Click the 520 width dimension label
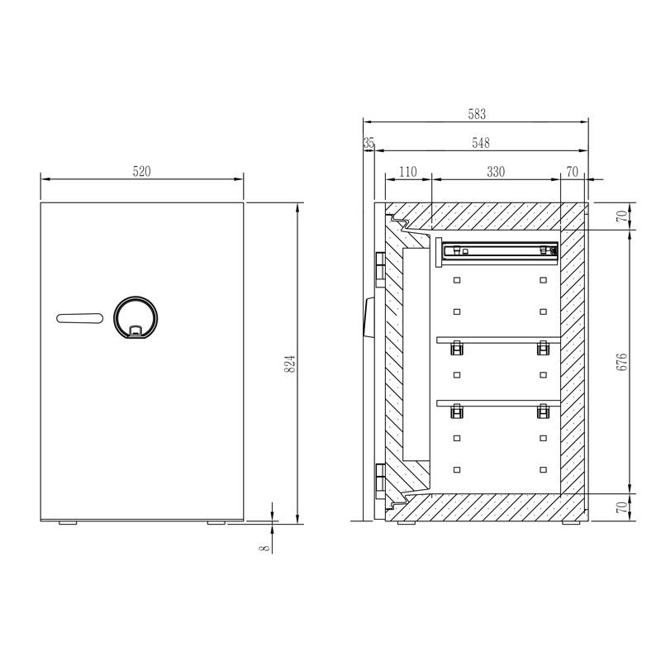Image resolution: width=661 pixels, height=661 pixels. coord(142,172)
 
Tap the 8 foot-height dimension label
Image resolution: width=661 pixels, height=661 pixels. coord(265,546)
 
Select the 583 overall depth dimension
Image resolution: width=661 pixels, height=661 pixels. coord(477,115)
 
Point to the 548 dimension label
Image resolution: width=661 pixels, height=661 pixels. coord(480,144)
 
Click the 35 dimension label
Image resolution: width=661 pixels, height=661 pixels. coord(369,144)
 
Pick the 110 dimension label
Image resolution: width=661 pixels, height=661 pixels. coord(408,172)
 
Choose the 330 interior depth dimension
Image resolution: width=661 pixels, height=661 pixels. coord(495,172)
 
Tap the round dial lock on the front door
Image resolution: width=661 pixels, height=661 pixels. coord(134,318)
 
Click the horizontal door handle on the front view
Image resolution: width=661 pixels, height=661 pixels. coord(80,318)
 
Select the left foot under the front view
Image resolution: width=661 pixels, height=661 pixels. coord(67,523)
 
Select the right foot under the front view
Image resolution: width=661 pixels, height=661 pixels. coord(216,523)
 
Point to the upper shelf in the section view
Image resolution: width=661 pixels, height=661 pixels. coord(498,339)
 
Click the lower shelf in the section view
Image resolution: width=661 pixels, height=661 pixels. coord(498,403)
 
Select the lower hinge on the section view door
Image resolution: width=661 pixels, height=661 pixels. coord(380,477)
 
